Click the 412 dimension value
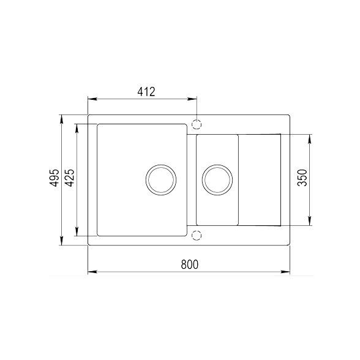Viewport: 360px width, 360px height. coord(146,92)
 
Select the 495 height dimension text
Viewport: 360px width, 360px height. coord(54,178)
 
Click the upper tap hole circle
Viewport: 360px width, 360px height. coord(197,124)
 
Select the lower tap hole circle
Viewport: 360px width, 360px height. coord(197,234)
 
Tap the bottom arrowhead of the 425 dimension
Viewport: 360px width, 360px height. coord(77,233)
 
